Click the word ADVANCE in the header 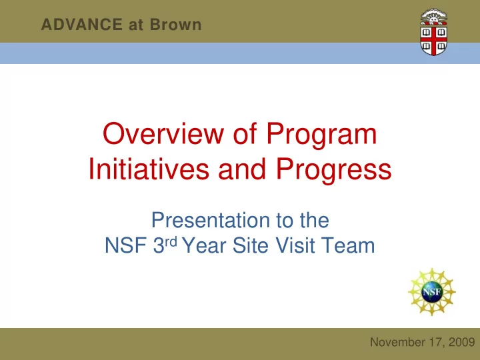pos(82,25)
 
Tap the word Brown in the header pos(176,25)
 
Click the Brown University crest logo pos(434,33)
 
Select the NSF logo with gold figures pos(432,292)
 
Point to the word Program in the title pos(321,135)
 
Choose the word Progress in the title pos(334,170)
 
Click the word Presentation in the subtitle pos(211,220)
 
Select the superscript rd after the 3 pos(171,241)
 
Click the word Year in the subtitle pos(204,245)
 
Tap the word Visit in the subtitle pos(295,245)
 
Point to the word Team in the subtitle pos(348,245)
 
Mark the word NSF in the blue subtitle pos(125,245)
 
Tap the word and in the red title pos(242,169)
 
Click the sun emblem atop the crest pos(433,17)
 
